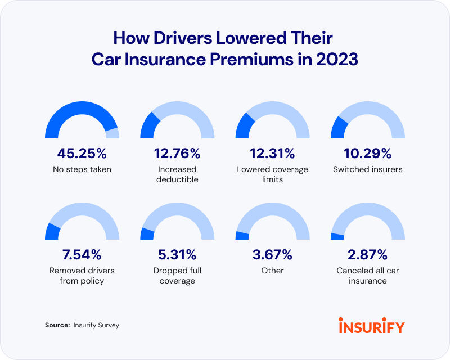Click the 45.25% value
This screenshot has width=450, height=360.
(82, 154)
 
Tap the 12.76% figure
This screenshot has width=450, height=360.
(177, 154)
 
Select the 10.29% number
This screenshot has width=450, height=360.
(368, 154)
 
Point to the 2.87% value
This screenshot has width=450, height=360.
(368, 255)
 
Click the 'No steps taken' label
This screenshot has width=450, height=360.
(82, 169)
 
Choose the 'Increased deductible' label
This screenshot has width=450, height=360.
(177, 174)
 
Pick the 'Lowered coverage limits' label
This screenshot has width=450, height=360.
(272, 174)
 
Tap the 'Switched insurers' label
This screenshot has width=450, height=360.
(368, 169)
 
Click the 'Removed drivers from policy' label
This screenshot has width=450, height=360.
(82, 276)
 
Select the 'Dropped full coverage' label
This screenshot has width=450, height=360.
(177, 276)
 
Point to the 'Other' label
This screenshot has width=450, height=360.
(272, 271)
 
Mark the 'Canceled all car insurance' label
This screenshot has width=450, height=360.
(368, 276)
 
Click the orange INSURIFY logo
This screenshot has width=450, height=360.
(371, 325)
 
